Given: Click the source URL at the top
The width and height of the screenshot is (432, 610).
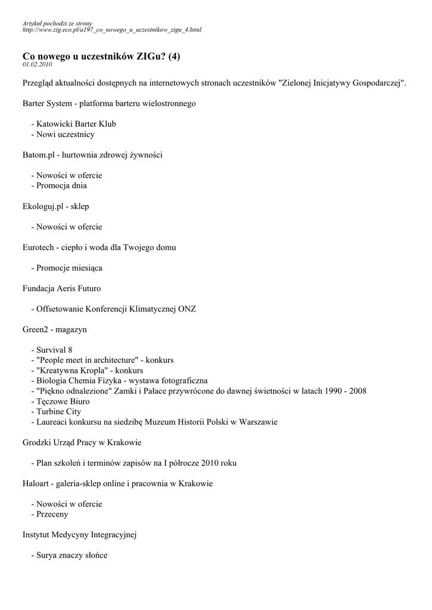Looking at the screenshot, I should pyautogui.click(x=111, y=29).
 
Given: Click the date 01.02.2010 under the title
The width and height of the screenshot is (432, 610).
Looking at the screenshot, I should pyautogui.click(x=37, y=64).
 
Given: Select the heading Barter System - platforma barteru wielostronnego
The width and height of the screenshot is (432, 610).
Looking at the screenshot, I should pyautogui.click(x=109, y=103).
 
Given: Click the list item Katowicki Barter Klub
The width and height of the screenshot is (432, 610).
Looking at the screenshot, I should pyautogui.click(x=76, y=124).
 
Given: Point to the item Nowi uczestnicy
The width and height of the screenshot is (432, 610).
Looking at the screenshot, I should pyautogui.click(x=65, y=134).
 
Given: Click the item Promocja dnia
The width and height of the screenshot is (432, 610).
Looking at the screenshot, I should pyautogui.click(x=61, y=185).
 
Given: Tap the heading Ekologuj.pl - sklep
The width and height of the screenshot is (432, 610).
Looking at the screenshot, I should pyautogui.click(x=56, y=206).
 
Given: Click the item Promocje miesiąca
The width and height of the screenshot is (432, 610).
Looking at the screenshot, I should pyautogui.click(x=69, y=268).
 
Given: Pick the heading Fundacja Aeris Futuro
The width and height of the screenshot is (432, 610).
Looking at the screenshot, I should pyautogui.click(x=61, y=288).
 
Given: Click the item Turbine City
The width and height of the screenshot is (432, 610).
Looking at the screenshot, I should pyautogui.click(x=58, y=412).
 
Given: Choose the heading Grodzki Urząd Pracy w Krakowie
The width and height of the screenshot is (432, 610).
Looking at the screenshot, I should pyautogui.click(x=82, y=442).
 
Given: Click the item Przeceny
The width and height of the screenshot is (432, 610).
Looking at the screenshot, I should pyautogui.click(x=52, y=514).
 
